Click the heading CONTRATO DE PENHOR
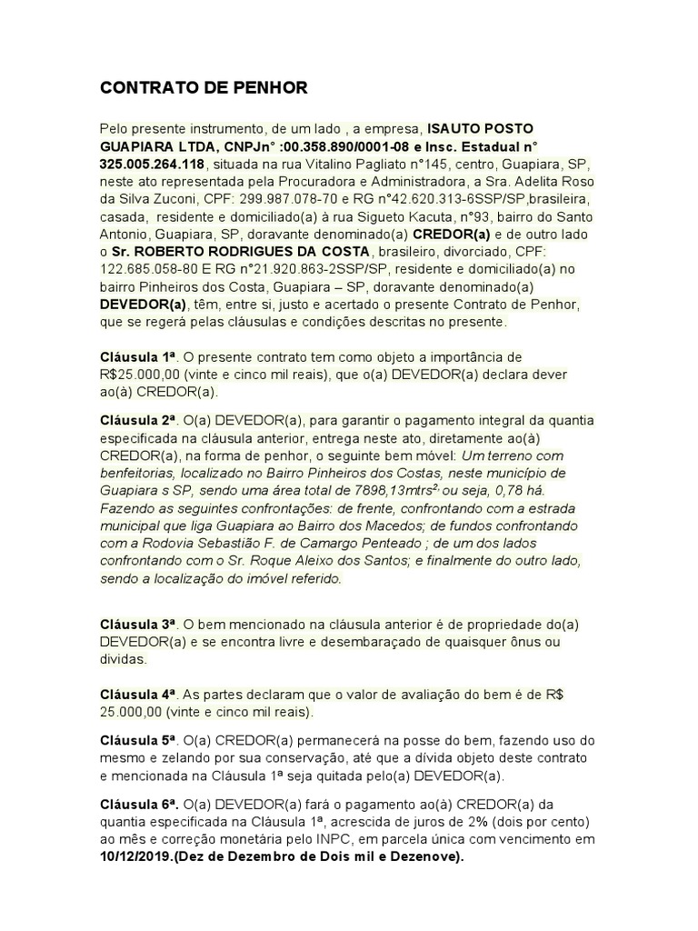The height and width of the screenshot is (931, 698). tap(204, 88)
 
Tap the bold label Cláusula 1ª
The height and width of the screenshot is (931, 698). tap(136, 357)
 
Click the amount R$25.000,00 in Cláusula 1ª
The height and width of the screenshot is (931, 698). tap(142, 375)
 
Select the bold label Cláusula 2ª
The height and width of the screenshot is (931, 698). tap(136, 421)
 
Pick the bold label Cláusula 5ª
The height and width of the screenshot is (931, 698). tap(136, 740)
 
